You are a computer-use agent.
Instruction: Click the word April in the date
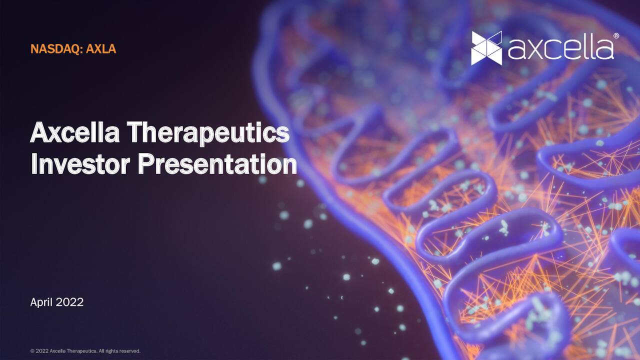(x=41, y=302)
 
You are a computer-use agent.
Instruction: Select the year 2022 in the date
(x=69, y=302)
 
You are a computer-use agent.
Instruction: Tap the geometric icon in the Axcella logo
(x=486, y=48)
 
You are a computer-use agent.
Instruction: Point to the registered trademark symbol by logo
(x=616, y=36)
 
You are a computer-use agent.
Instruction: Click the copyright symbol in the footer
(x=32, y=351)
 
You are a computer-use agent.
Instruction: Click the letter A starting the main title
(x=39, y=133)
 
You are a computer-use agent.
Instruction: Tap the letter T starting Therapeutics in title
(x=135, y=133)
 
